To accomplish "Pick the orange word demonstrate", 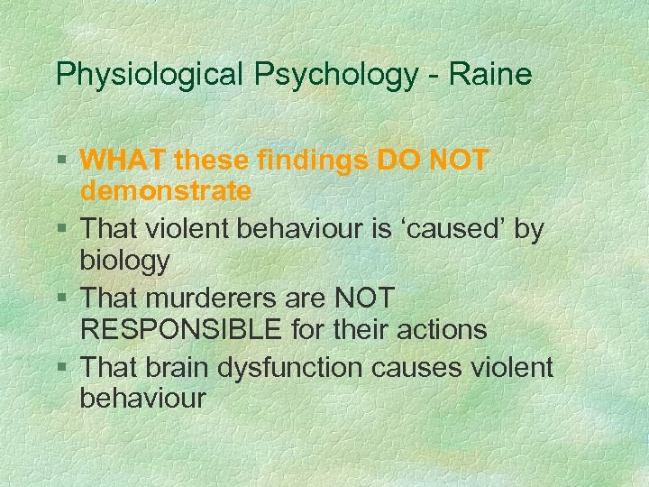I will tap(166, 191).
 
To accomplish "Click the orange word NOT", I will tap(454, 161).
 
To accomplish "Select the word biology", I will tap(124, 262).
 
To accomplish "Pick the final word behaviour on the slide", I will tap(142, 398).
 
